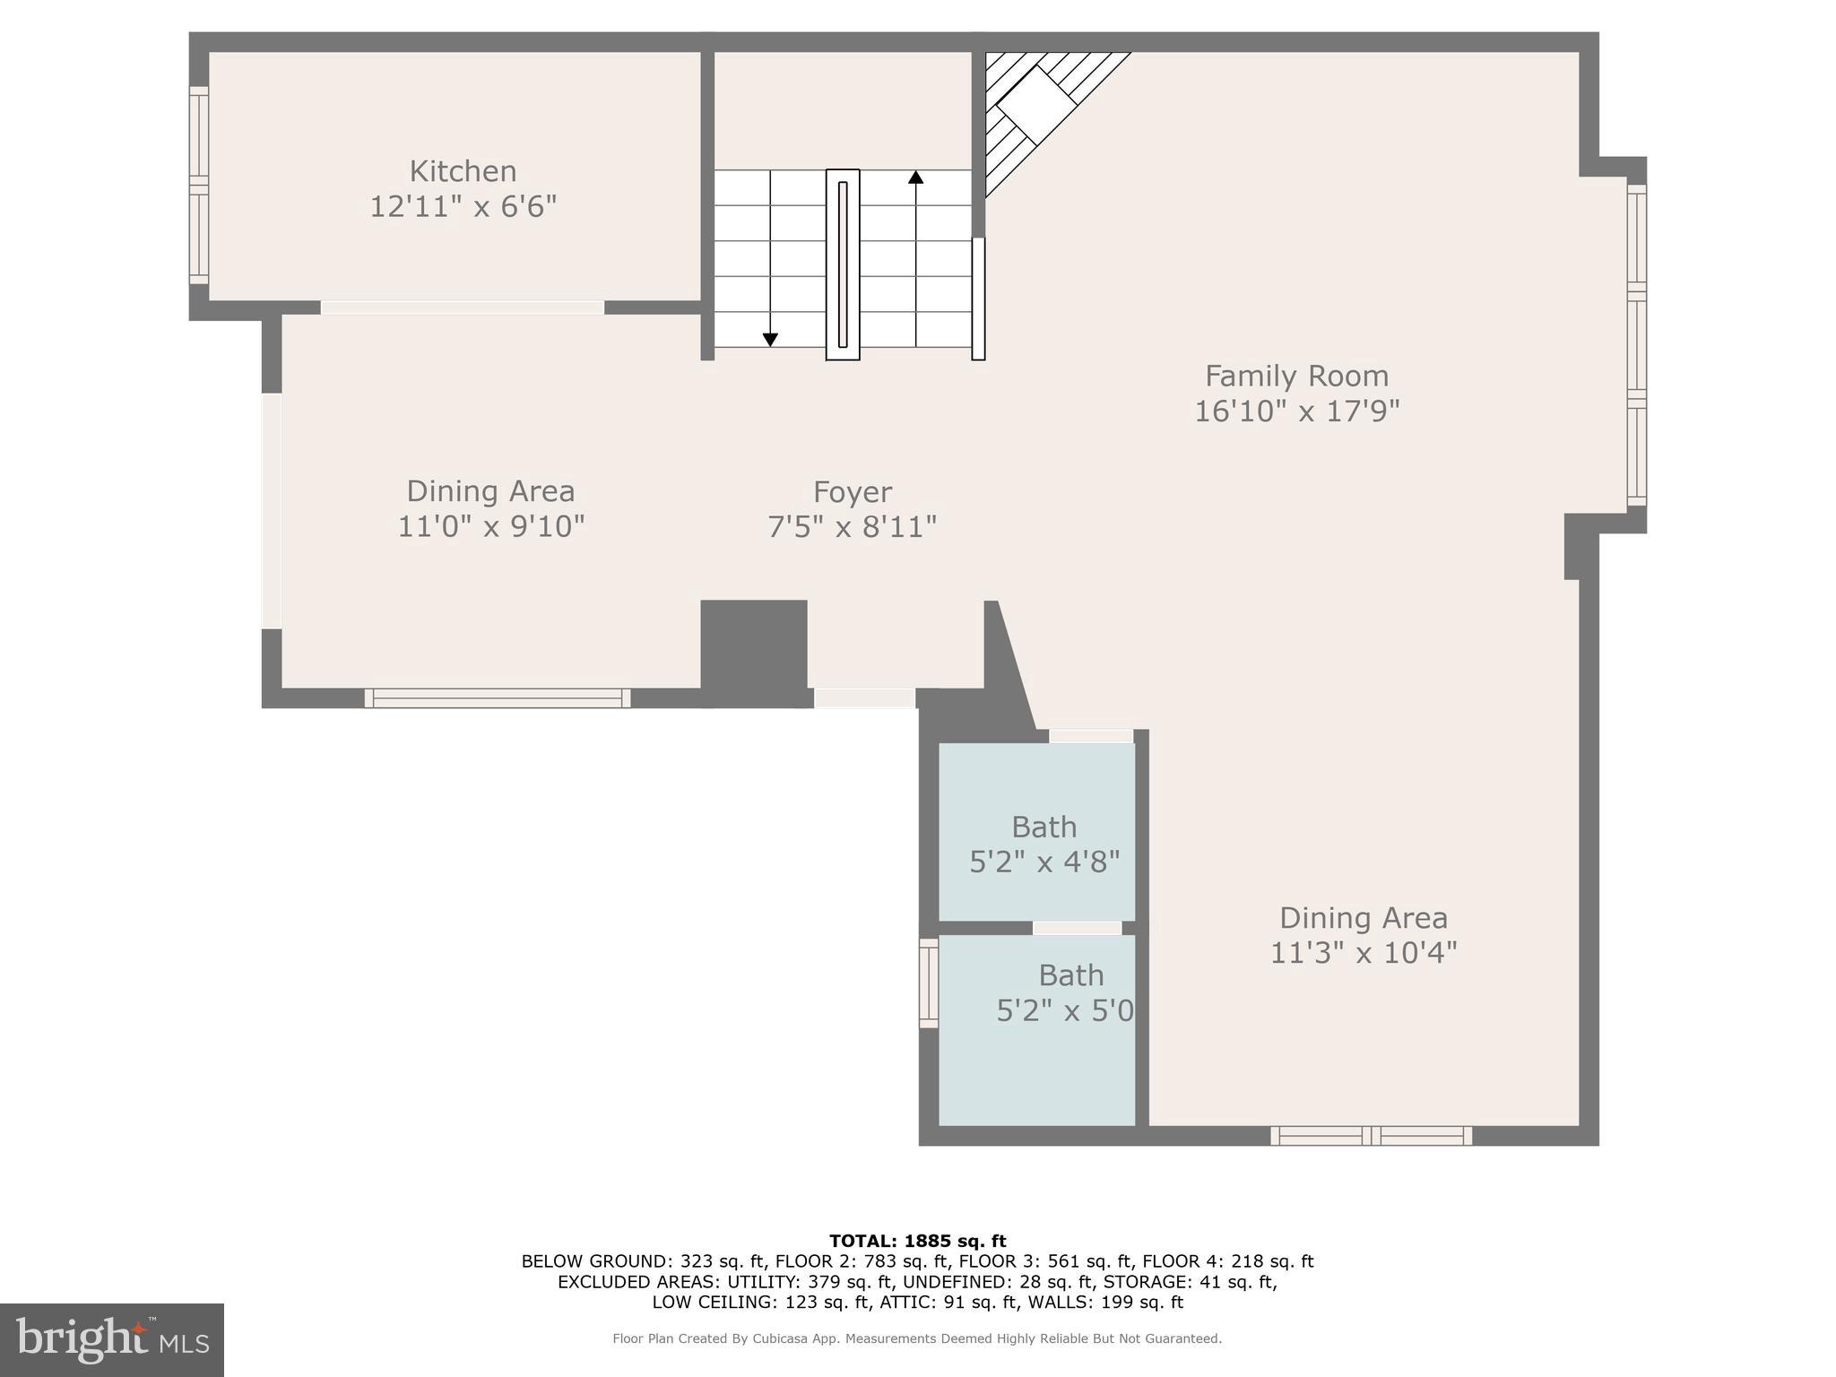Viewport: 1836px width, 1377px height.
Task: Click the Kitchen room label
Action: [x=463, y=171]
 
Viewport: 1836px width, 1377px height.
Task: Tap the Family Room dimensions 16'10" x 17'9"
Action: [x=1296, y=411]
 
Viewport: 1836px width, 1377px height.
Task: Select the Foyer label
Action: [x=852, y=492]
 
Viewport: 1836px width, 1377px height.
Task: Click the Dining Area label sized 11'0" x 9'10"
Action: [x=490, y=491]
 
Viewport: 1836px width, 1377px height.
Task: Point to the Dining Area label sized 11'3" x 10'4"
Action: [x=1363, y=918]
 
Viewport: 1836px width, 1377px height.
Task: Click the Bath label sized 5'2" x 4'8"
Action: [x=1044, y=827]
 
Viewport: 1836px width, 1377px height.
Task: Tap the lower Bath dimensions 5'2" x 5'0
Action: [x=1065, y=1011]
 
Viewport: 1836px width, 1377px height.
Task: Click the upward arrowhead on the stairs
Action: [x=915, y=178]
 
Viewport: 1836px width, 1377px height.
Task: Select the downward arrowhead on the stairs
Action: [x=770, y=339]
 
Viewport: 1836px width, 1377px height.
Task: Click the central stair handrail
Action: [x=843, y=264]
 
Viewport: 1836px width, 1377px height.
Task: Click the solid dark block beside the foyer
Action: [x=753, y=653]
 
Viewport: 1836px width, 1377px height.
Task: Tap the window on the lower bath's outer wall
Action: [x=929, y=983]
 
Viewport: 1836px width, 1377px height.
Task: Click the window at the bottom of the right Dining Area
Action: [x=1371, y=1136]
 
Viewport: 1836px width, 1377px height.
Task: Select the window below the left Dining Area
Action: [x=498, y=698]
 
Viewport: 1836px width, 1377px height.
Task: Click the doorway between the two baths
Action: [x=1077, y=928]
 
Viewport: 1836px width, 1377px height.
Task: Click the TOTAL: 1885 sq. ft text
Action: [x=917, y=1242]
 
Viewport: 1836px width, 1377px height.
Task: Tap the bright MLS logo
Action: [x=112, y=1340]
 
